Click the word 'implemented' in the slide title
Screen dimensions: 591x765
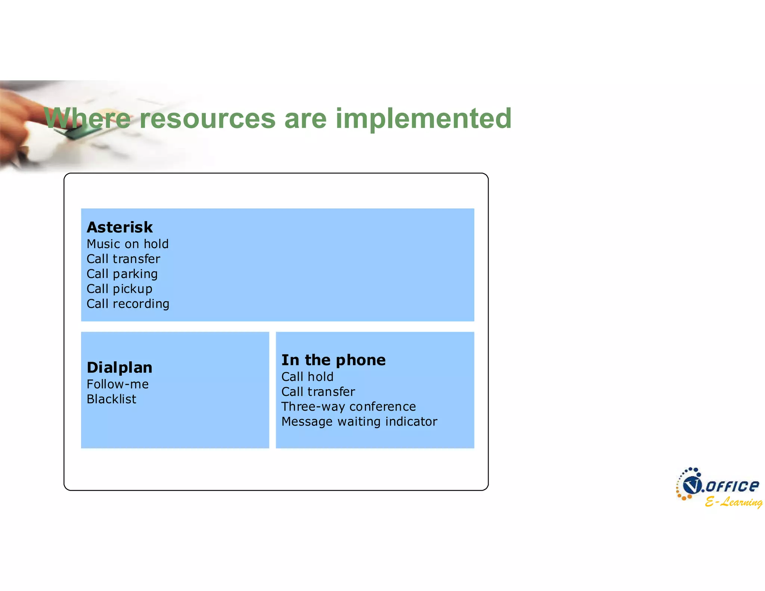pyautogui.click(x=423, y=119)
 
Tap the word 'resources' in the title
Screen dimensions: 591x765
pyautogui.click(x=207, y=119)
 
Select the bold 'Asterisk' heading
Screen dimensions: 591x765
pyautogui.click(x=120, y=227)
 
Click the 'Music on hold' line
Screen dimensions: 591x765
pyautogui.click(x=127, y=244)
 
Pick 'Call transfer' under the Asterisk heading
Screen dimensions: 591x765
pyautogui.click(x=123, y=259)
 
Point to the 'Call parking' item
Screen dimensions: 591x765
pyautogui.click(x=122, y=274)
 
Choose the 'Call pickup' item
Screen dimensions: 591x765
pyautogui.click(x=119, y=289)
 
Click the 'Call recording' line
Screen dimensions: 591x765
pyautogui.click(x=128, y=304)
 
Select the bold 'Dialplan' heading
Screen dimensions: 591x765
pyautogui.click(x=119, y=368)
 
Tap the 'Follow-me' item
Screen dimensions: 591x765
pyautogui.click(x=117, y=384)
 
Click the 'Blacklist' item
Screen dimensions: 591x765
pyautogui.click(x=111, y=399)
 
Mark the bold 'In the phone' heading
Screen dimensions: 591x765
pyautogui.click(x=333, y=360)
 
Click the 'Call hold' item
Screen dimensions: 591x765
pyautogui.click(x=307, y=377)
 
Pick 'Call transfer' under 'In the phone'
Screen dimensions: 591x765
pyautogui.click(x=318, y=392)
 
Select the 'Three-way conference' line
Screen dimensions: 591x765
pyautogui.click(x=348, y=406)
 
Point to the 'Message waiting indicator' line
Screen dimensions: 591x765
pyautogui.click(x=359, y=421)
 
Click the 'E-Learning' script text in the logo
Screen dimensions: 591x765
pyautogui.click(x=733, y=502)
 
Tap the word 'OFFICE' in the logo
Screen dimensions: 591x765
pyautogui.click(x=732, y=486)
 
